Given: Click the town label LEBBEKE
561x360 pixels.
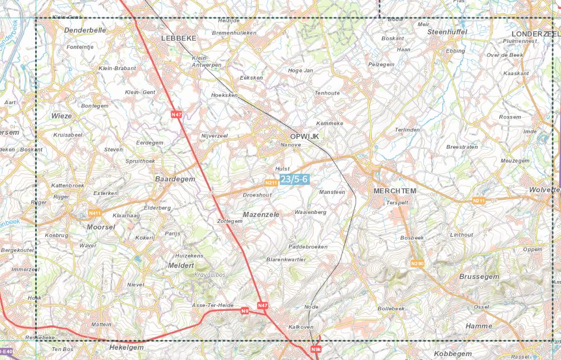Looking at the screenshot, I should (x=178, y=38).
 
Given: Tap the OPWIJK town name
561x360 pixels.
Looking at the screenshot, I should (x=304, y=136).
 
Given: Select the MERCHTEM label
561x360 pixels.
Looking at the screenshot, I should (x=394, y=191).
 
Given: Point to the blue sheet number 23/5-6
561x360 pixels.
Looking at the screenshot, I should (x=294, y=179).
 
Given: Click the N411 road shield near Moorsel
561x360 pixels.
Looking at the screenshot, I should (x=95, y=213).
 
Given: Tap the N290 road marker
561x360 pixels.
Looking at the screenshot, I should (x=417, y=263).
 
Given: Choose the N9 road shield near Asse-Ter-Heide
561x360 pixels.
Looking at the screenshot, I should (x=245, y=310).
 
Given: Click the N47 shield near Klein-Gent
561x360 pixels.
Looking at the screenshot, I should (x=177, y=114).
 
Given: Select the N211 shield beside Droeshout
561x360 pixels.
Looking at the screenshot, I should (x=271, y=182).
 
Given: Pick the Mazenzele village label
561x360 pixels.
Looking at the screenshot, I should (x=261, y=214).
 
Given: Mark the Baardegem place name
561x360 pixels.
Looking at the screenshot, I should (x=175, y=179).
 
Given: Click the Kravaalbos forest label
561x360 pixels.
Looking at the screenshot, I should (x=210, y=275).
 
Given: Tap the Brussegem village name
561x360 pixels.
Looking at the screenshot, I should (x=479, y=276).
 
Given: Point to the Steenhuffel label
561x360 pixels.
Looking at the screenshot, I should (x=447, y=32).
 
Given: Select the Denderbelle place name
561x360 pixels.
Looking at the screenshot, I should (x=85, y=30).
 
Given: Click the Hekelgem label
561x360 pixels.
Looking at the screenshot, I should (x=126, y=347).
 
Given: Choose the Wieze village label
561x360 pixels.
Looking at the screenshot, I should (x=61, y=116).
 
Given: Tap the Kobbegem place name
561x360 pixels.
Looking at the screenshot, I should (x=452, y=354).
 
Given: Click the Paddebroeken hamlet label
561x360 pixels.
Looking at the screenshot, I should (x=308, y=246).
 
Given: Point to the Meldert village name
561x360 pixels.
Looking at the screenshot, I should (x=181, y=266).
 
